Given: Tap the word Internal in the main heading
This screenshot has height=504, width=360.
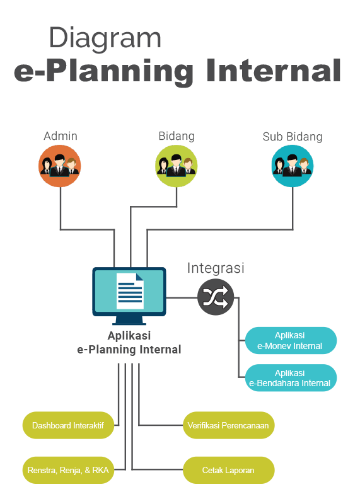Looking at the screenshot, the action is click(274, 71).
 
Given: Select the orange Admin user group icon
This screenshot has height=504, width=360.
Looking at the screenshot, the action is click(59, 166).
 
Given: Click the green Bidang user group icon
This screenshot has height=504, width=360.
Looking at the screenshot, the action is click(177, 166).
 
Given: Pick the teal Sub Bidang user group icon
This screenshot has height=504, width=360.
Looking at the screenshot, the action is click(293, 166).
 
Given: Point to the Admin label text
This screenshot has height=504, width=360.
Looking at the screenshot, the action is click(61, 136).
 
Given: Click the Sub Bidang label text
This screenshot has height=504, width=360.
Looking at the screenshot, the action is click(293, 137).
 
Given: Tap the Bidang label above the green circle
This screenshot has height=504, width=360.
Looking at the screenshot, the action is click(177, 136).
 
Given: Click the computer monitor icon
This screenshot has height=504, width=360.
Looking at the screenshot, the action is click(129, 295).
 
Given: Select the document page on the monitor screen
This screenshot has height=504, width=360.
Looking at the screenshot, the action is click(130, 291).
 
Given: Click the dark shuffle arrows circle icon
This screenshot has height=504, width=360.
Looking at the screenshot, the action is click(216, 297).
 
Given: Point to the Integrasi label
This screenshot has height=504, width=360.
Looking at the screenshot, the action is click(216, 268).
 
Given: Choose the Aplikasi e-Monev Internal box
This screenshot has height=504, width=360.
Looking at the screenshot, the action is click(291, 340).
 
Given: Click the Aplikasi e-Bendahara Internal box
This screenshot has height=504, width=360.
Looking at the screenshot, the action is click(291, 377).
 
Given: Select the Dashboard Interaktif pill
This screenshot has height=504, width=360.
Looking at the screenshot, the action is click(68, 425).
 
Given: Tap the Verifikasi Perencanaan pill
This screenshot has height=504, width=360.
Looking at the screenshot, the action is click(228, 425).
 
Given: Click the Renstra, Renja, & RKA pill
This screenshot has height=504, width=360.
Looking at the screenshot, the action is click(68, 470).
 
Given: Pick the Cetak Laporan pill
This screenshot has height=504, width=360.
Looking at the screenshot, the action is click(228, 470).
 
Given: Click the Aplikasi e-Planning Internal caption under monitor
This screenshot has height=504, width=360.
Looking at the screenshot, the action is click(129, 343).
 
